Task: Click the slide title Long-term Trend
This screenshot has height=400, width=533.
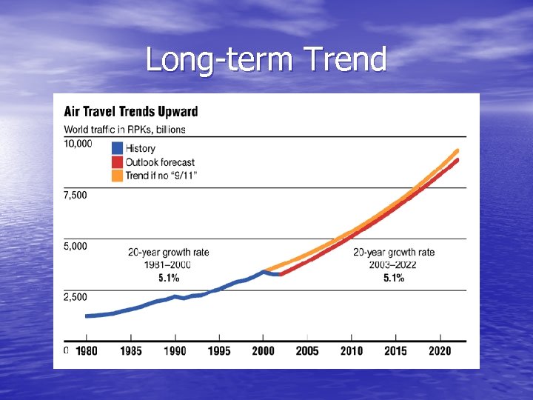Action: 266,59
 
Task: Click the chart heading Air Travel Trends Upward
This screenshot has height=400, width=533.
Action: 131,112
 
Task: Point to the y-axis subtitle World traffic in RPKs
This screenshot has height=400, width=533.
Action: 124,129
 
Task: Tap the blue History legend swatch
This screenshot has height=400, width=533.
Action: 116,148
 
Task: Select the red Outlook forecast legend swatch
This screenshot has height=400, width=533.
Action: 116,161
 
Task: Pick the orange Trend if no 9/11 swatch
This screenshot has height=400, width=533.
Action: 116,175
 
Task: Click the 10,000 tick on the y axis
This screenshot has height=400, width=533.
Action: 78,144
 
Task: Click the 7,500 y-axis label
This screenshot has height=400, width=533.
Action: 76,195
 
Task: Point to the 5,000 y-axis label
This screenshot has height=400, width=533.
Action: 76,246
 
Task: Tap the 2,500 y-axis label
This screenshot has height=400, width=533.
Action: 76,297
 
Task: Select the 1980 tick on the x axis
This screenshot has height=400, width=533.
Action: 87,350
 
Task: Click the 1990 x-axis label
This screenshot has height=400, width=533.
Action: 175,350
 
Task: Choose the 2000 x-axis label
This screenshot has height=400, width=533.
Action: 263,350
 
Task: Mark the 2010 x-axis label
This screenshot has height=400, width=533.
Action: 352,350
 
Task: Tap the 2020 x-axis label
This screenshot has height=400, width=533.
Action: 440,350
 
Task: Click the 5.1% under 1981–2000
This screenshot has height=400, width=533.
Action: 169,279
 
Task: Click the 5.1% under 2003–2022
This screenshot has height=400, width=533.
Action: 394,279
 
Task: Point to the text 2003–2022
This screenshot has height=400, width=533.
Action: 394,265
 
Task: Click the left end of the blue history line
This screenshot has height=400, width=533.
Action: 87,316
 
